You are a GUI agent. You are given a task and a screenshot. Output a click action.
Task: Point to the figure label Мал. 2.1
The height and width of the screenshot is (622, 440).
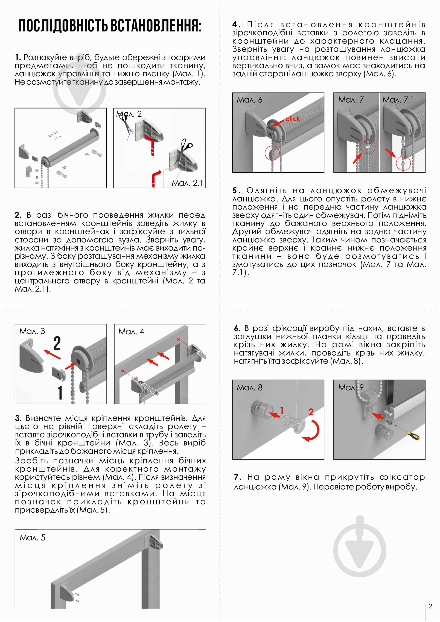(x=187, y=183)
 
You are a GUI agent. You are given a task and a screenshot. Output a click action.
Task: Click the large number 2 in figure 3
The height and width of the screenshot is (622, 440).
(x=57, y=344)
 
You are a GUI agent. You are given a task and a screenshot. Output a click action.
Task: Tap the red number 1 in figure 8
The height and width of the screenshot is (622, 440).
(x=281, y=410)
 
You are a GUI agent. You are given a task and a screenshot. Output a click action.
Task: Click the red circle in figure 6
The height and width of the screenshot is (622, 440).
(x=272, y=153)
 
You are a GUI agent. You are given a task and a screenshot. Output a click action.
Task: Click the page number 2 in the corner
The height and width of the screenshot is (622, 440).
(x=430, y=606)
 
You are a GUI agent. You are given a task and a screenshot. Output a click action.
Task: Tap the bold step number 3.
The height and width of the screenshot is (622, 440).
(x=18, y=418)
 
